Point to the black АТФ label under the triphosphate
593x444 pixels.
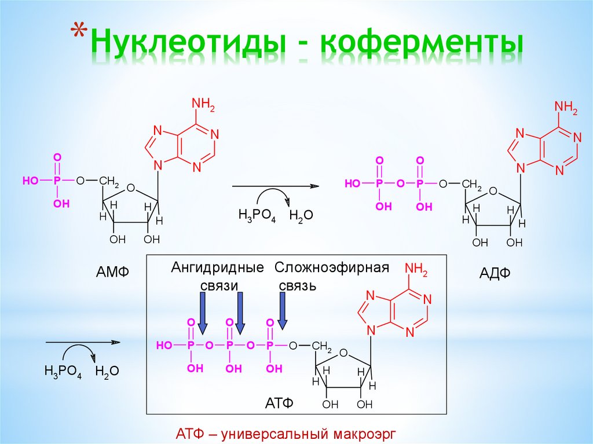click(x=280, y=403)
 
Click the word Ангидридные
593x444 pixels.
click(x=217, y=267)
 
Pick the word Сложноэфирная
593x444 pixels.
click(x=331, y=267)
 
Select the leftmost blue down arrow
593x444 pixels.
click(x=203, y=313)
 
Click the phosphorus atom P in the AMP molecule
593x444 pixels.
click(x=57, y=181)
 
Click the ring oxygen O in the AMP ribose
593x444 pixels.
click(x=130, y=188)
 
